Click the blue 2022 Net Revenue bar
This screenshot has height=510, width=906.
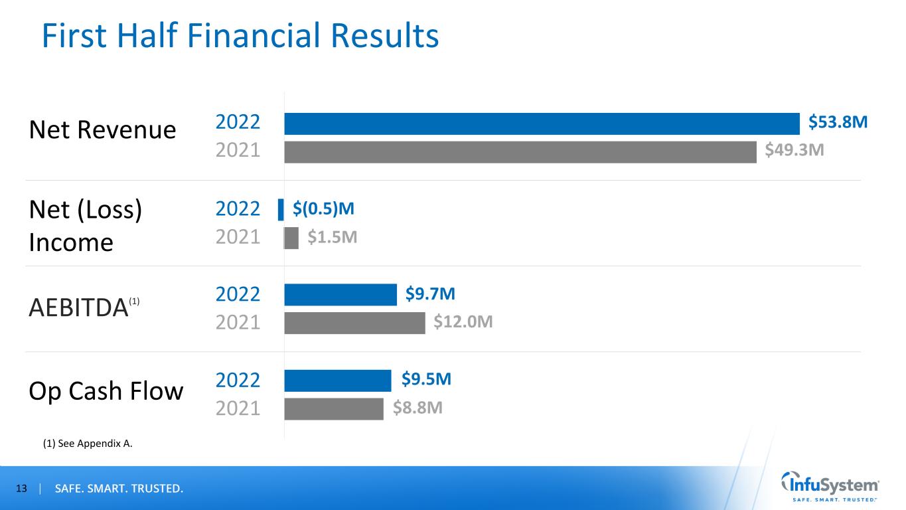point(542,124)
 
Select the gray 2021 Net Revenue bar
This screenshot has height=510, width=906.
point(520,152)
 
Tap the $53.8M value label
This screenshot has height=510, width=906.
point(838,123)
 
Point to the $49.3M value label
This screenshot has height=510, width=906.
point(794,151)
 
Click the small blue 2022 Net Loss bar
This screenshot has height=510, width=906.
point(281,209)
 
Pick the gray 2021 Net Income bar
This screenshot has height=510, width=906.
point(291,238)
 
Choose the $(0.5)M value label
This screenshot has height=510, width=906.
point(323,209)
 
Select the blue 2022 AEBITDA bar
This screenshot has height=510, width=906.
point(340,295)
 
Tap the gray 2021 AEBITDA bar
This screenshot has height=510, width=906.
point(354,323)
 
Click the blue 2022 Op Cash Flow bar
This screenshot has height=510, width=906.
point(338,381)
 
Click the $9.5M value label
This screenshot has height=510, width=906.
point(426,380)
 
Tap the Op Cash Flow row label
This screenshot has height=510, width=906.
point(106,391)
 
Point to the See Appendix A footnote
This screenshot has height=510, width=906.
point(87,444)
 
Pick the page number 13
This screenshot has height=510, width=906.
point(22,489)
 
